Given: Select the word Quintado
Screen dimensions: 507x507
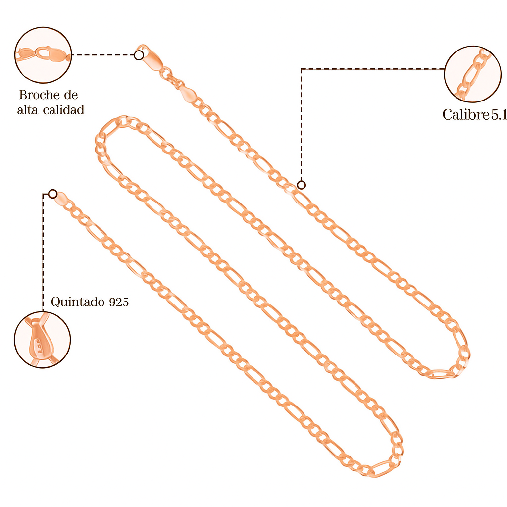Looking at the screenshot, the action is tap(78, 302).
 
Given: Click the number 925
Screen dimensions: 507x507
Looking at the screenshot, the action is tap(119, 302).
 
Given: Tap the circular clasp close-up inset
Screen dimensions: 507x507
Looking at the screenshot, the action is tap(43, 55).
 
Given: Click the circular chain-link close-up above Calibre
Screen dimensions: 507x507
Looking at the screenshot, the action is tap(473, 74).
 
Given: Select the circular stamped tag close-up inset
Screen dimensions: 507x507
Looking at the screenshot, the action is tap(43, 340).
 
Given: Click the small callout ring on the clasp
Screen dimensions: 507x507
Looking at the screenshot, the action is tap(139, 55).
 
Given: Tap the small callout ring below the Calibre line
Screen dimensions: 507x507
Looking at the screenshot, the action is tap(302, 185).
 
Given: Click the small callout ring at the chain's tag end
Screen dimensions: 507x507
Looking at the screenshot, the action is tap(52, 194).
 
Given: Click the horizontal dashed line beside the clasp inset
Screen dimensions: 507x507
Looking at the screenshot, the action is tap(103, 55).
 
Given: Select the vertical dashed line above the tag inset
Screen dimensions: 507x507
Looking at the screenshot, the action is tap(43, 252).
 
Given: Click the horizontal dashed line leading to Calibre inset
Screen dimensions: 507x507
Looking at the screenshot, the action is tap(373, 69).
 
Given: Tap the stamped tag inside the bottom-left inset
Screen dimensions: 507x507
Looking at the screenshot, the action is tap(41, 341).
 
